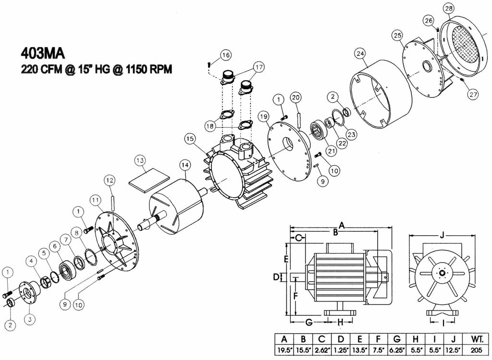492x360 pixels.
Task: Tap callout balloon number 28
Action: (449, 8)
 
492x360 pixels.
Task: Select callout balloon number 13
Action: (140, 159)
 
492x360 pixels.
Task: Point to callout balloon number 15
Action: (191, 139)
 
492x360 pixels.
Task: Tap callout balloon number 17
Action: (259, 68)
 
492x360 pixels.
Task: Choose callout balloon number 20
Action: (296, 97)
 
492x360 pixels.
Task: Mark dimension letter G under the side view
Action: (309, 321)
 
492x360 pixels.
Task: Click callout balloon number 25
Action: (397, 35)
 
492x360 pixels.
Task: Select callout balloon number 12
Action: (110, 180)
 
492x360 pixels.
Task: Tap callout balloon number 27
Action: (474, 95)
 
